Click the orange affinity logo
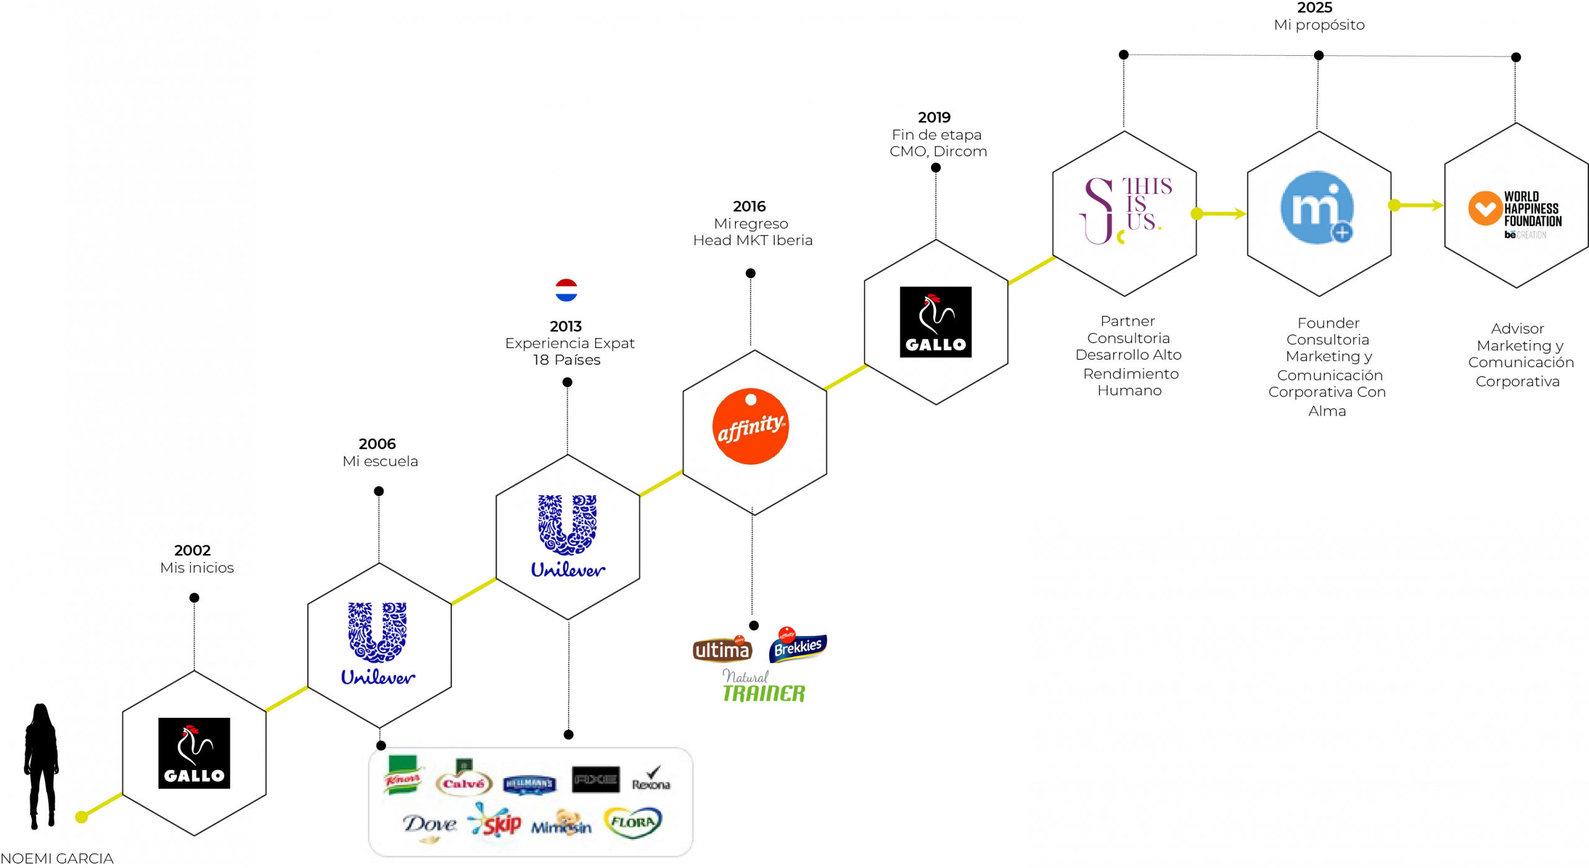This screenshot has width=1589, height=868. (750, 427)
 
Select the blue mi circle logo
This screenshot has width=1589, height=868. (1315, 208)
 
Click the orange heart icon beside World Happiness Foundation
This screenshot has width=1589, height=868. (1485, 208)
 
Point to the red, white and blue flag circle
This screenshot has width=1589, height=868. (566, 290)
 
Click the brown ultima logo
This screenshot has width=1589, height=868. (722, 649)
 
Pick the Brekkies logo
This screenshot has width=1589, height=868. (798, 645)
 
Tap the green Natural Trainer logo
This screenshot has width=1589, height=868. (763, 686)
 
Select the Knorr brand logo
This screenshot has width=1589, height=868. (403, 776)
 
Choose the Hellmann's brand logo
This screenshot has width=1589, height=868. (529, 784)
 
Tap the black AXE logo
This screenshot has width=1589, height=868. (595, 779)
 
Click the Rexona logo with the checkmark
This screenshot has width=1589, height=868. (651, 779)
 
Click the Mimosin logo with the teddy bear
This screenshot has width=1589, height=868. (562, 824)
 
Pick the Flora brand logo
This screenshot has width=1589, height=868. (632, 822)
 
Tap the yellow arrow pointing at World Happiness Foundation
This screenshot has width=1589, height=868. (1419, 205)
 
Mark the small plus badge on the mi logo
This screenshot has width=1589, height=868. (1342, 233)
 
